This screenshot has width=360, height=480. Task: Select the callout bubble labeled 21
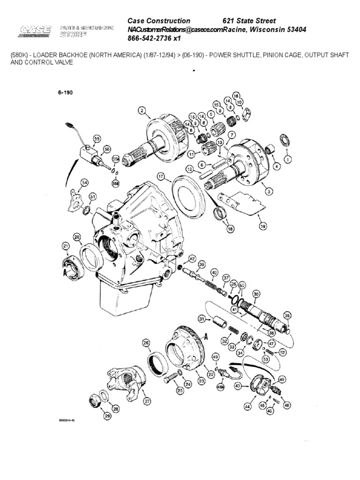pyautogui.click(x=66, y=246)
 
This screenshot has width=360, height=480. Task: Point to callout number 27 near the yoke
pyautogui.click(x=147, y=401)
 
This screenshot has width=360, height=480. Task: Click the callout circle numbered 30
pyautogui.click(x=255, y=294)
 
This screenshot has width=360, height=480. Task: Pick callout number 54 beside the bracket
pyautogui.click(x=85, y=182)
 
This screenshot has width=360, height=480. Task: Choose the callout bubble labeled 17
pyautogui.click(x=161, y=177)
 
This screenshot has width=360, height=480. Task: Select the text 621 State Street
pyautogui.click(x=248, y=21)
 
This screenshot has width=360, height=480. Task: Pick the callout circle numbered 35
pyautogui.click(x=287, y=315)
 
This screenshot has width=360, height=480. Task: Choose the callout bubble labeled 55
pyautogui.click(x=97, y=139)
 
